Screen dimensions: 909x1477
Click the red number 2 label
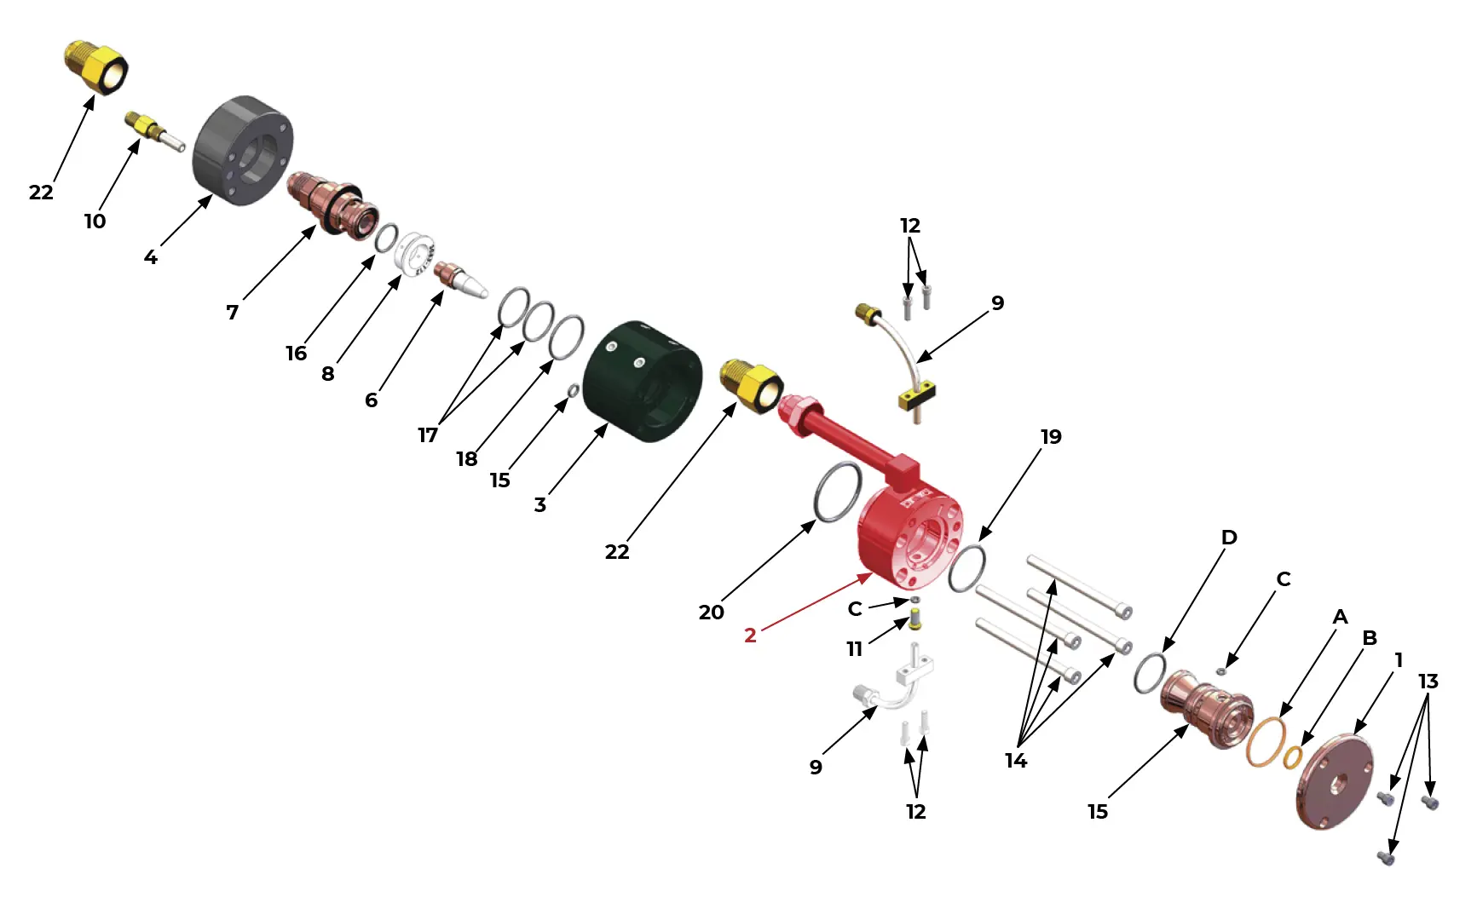(750, 636)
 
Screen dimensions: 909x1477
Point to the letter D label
(1229, 538)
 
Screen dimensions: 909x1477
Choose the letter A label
(1340, 617)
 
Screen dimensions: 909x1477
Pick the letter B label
(1370, 638)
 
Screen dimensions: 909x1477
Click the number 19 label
(1051, 437)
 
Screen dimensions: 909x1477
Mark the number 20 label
(711, 613)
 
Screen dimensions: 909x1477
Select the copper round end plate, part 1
(1335, 781)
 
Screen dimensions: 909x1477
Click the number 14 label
(1015, 761)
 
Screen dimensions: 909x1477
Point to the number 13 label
(1428, 682)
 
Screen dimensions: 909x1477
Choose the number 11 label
(854, 649)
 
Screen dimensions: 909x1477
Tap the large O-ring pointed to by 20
(838, 492)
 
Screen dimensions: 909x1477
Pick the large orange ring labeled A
(1266, 742)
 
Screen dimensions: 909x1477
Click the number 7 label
(232, 313)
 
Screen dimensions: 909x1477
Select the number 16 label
(296, 354)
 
